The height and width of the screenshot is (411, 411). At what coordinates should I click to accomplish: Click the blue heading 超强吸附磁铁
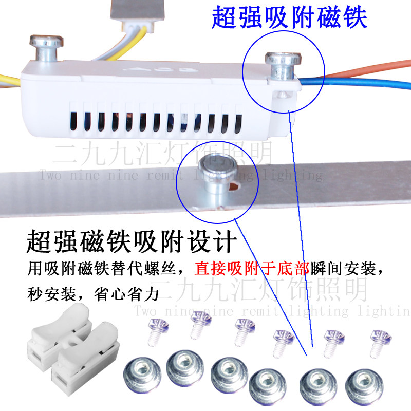click(289, 18)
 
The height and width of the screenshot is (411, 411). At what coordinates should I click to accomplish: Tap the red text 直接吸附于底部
click(252, 269)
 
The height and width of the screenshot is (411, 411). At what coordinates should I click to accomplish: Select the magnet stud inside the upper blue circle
click(282, 66)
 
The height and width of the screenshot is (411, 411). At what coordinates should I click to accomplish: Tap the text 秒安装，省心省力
click(92, 294)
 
